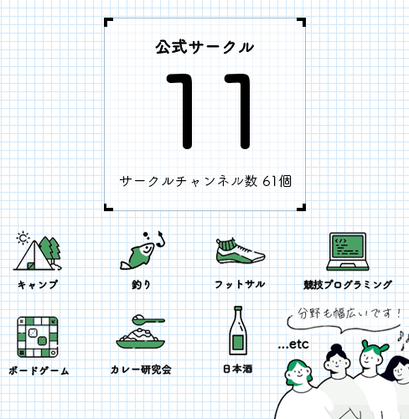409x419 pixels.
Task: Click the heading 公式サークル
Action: point(204,47)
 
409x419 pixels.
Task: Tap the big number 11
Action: point(208,111)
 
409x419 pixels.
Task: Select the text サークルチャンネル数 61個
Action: point(205,181)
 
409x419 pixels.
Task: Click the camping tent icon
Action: point(37,251)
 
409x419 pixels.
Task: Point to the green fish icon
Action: point(142,251)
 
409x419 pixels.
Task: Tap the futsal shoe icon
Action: point(241,251)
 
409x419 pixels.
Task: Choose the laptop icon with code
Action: point(348,251)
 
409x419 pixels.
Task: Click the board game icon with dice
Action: point(38,337)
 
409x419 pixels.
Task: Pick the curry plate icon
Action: point(141,332)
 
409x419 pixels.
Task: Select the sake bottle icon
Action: point(238,330)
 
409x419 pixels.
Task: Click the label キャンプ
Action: point(38,285)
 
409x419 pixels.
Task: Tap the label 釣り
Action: point(142,285)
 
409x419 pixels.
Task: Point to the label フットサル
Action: point(240,284)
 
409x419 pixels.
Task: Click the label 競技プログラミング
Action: point(348,285)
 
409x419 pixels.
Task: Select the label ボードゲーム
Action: point(39,370)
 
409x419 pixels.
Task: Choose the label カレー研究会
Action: point(141,370)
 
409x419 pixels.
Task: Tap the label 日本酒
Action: point(238,369)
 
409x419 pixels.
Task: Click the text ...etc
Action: point(293,344)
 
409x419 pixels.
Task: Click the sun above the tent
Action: point(23,238)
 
